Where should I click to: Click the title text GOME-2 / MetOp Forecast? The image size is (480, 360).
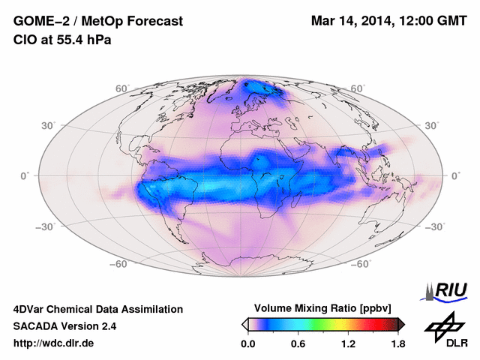(97, 22)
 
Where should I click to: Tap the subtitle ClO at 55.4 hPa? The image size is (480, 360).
(62, 40)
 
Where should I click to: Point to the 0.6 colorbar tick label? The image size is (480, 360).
(298, 344)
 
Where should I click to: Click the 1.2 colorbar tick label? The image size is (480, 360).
(348, 344)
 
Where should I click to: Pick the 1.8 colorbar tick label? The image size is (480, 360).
(397, 344)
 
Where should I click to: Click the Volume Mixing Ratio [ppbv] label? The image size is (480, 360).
(323, 308)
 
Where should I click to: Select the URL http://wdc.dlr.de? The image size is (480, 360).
(54, 343)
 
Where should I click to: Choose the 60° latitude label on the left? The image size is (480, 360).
(121, 88)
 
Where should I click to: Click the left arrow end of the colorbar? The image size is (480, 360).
(244, 324)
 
